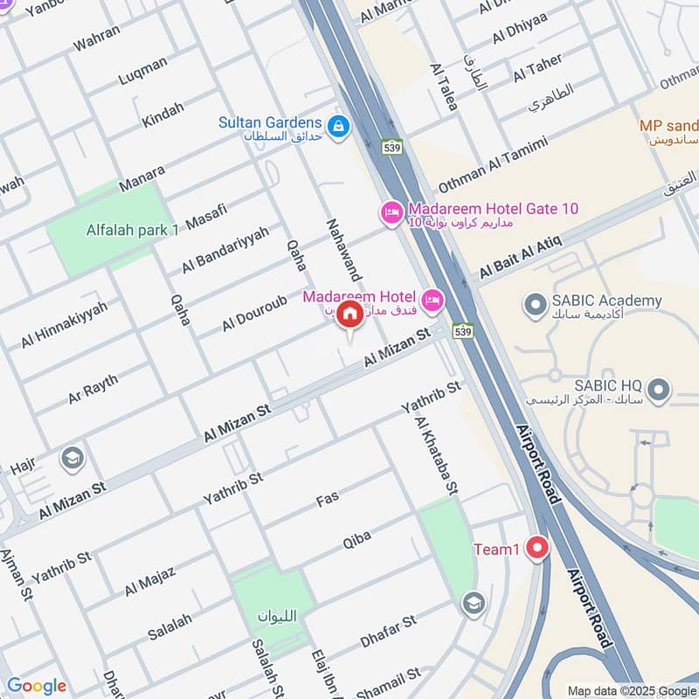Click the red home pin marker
349,315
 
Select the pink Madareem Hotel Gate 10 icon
391,211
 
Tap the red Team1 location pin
536,549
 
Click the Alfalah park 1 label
132,230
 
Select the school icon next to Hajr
72,457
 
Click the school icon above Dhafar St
473,604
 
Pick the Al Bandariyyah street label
225,248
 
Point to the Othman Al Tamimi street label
493,166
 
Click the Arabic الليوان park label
277,616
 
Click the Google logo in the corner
37,686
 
